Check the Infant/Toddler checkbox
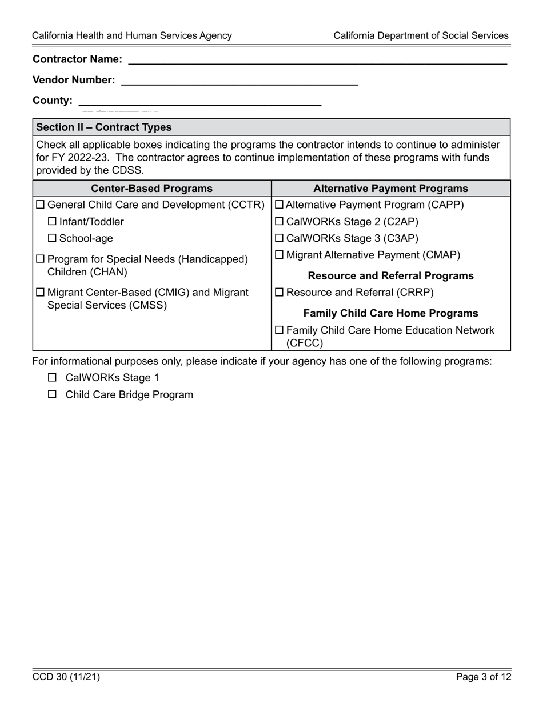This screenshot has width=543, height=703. [52, 222]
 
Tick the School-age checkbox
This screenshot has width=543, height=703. [52, 238]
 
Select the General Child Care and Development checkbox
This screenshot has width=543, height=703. [41, 205]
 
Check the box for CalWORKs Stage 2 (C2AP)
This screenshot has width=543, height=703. [279, 222]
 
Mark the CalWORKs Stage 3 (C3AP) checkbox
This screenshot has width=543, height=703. [279, 238]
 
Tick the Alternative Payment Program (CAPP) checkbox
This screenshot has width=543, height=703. [279, 205]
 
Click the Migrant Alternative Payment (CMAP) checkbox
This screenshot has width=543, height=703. [279, 255]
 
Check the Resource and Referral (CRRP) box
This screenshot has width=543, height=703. [279, 293]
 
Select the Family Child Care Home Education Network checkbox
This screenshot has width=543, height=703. [279, 330]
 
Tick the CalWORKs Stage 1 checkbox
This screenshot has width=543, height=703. [53, 377]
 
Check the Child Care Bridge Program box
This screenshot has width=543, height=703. [53, 394]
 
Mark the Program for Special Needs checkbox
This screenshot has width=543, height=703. [41, 259]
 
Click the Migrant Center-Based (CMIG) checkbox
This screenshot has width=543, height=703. [41, 293]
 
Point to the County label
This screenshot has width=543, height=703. [53, 101]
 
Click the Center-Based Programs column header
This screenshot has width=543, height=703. [152, 189]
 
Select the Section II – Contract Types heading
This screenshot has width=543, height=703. [103, 127]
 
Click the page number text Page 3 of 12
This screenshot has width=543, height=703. [484, 677]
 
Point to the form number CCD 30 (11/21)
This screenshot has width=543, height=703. [66, 677]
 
